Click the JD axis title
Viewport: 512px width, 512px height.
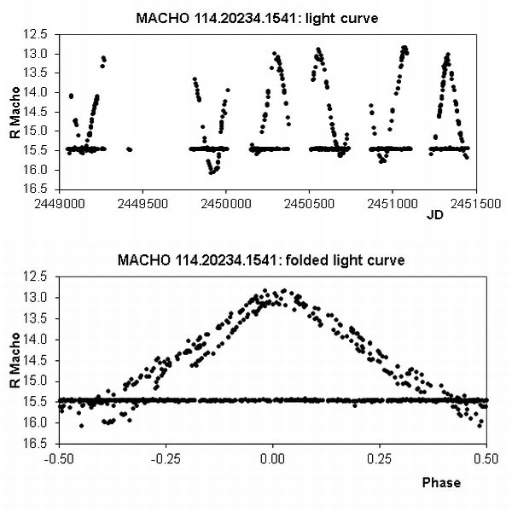433,215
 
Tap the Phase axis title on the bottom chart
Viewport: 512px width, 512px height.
441,482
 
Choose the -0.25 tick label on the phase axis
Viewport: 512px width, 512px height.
166,457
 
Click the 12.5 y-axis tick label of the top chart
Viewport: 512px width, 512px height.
44,34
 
